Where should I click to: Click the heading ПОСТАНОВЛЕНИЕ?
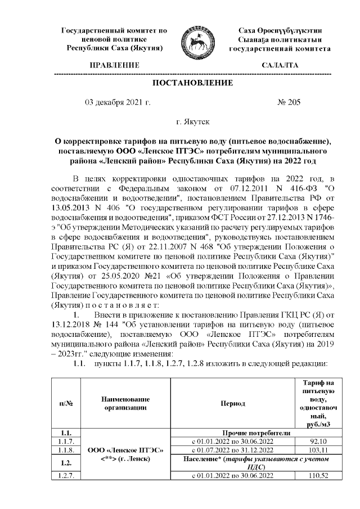(x=193, y=83)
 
